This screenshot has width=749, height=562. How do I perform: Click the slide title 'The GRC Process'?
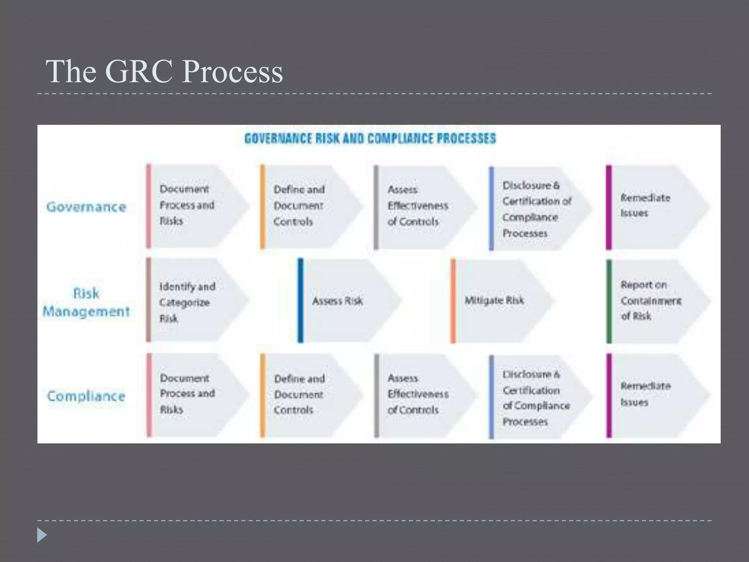(164, 71)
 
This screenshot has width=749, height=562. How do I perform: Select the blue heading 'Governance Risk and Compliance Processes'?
(370, 139)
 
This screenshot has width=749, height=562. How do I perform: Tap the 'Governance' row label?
(86, 207)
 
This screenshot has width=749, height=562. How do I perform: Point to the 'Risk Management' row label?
(86, 303)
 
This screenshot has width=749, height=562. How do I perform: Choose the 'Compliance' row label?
(86, 396)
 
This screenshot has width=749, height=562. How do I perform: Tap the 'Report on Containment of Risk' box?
(651, 300)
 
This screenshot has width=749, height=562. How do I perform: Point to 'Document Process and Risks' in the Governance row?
(187, 205)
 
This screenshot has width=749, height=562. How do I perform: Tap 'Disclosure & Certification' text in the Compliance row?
(536, 398)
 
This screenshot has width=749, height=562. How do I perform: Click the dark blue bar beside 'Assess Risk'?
(301, 300)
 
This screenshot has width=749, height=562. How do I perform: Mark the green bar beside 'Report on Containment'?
(609, 301)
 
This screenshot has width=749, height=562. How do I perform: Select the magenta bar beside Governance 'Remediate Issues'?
(609, 207)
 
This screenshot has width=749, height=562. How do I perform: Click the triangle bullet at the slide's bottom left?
(42, 535)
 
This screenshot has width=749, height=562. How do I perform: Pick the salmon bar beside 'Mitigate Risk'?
(453, 301)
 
